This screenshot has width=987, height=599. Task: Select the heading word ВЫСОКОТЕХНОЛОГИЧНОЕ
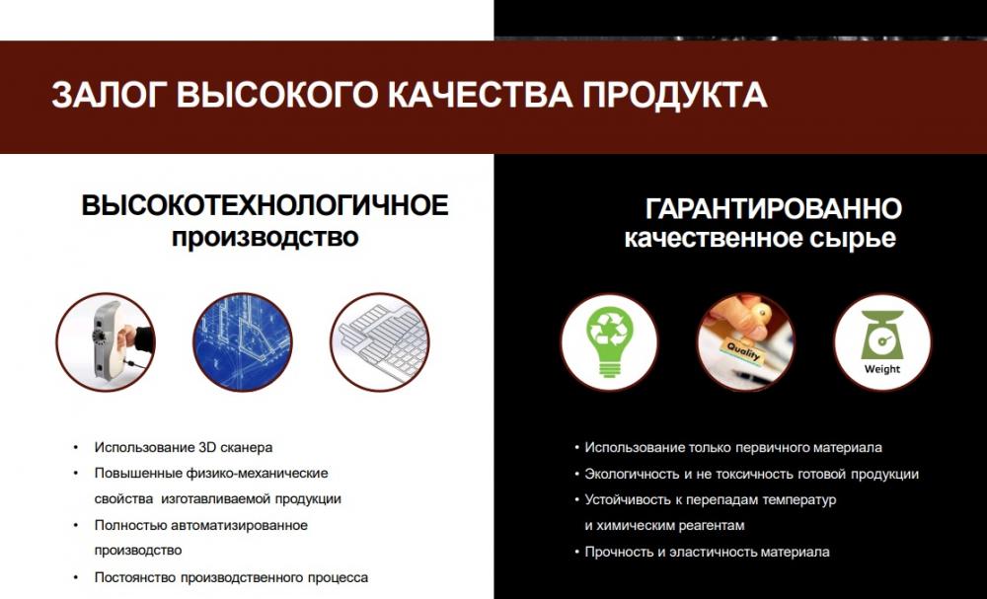[x=265, y=205]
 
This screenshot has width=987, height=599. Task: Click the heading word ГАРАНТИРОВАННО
[x=774, y=209]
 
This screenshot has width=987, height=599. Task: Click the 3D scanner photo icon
[x=106, y=342]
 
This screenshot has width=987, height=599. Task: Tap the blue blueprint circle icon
[x=243, y=342]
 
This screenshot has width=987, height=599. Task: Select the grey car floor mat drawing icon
[x=380, y=342]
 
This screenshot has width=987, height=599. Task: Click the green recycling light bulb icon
[x=609, y=342]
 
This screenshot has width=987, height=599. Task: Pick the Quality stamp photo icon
[x=746, y=342]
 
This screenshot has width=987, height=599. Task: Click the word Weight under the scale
[x=881, y=369]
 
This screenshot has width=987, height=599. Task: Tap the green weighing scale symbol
[x=882, y=335]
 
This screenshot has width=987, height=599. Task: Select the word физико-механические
[x=257, y=473]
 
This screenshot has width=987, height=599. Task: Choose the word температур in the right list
[x=799, y=500]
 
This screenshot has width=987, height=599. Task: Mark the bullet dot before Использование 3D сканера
[x=76, y=447]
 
